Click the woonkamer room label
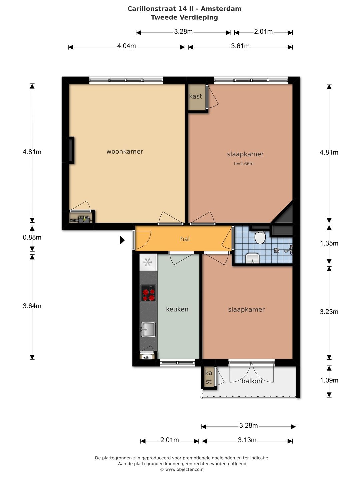[x=125, y=151]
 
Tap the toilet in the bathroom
[x=260, y=237]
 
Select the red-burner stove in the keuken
[x=148, y=293]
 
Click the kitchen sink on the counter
[x=148, y=330]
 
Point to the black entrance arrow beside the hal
[x=122, y=240]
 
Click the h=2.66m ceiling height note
[x=244, y=164]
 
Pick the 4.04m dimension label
[x=126, y=46]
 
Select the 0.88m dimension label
[x=32, y=237]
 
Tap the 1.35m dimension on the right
[x=329, y=243]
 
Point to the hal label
[x=185, y=239]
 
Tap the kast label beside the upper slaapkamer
[x=195, y=96]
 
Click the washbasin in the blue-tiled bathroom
[x=252, y=258]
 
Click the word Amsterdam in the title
[x=221, y=9]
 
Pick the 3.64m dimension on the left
[x=32, y=306]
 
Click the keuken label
[x=177, y=309]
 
